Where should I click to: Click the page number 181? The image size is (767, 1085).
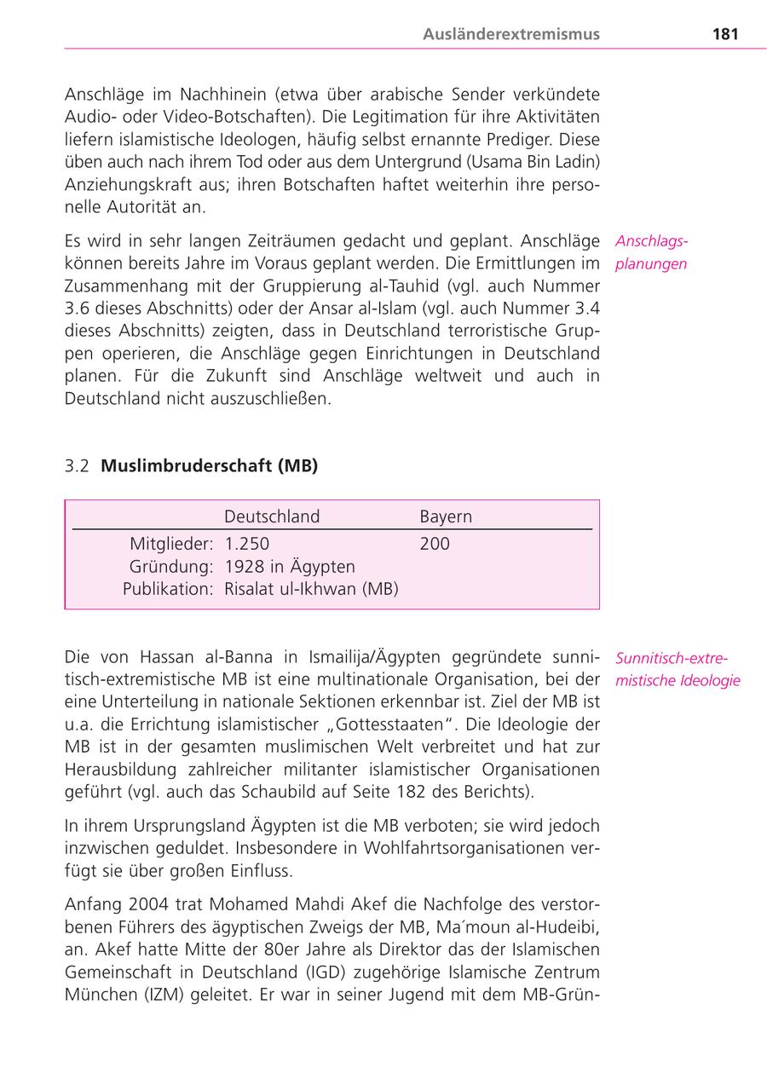724,34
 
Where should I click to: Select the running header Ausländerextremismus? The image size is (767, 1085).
511,34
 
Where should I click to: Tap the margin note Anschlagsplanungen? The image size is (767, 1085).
652,253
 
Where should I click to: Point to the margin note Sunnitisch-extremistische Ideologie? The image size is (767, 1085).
678,670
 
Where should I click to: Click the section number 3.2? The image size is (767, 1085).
78,466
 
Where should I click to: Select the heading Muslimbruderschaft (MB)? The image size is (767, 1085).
209,466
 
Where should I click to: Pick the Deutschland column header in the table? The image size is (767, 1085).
272,517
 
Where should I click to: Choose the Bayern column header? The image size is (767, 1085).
446,517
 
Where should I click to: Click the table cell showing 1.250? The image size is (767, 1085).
246,544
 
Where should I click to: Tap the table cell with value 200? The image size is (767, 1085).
435,544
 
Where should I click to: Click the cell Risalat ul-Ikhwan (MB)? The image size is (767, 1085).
311,589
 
